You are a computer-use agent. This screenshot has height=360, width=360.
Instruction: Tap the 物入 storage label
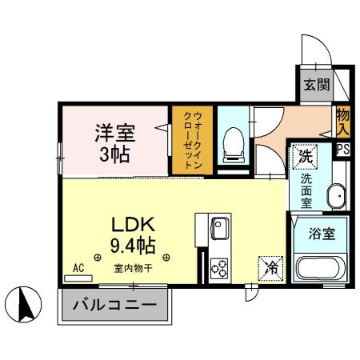point(343,122)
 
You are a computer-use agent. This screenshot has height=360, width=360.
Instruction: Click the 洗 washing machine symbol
point(305,155)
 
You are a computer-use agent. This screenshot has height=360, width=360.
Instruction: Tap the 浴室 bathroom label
point(318,234)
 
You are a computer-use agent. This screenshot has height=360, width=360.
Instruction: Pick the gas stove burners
point(219,269)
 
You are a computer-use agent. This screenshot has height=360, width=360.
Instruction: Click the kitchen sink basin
point(219,231)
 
